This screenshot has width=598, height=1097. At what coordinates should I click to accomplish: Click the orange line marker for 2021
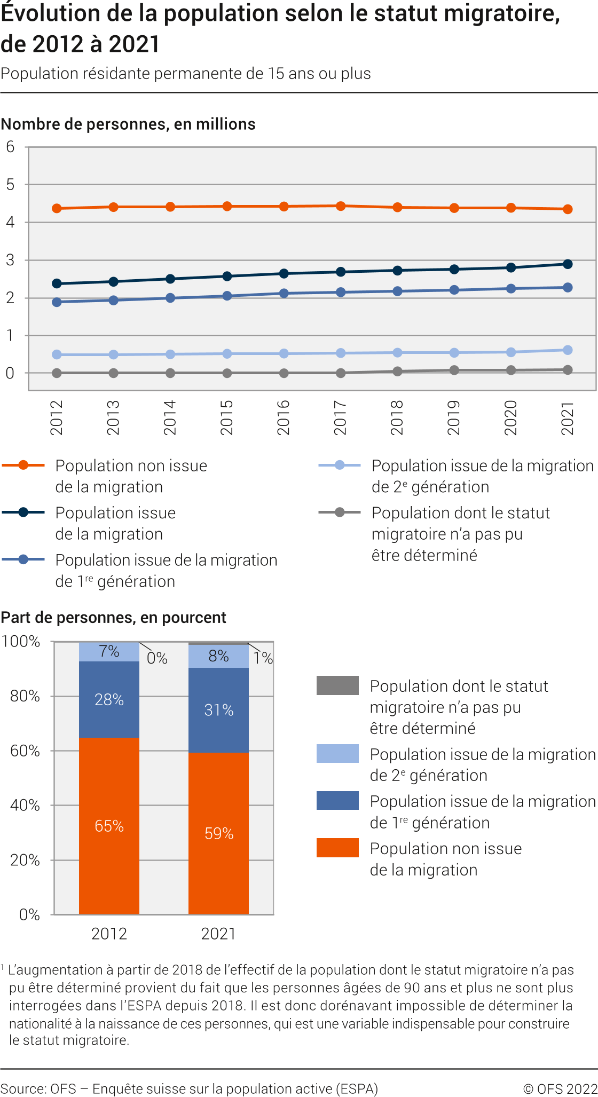tap(568, 209)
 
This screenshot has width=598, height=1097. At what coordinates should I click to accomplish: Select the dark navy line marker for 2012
tap(57, 283)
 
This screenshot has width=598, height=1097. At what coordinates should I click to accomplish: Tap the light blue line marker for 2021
tap(568, 350)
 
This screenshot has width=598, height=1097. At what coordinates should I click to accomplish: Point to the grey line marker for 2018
tap(397, 371)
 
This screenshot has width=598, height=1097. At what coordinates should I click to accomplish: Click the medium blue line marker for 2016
tap(284, 293)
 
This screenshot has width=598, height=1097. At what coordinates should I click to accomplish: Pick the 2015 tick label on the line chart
tap(227, 417)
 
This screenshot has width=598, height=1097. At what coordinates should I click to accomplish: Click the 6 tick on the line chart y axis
tap(10, 147)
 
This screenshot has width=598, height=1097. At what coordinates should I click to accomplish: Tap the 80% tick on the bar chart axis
tap(25, 696)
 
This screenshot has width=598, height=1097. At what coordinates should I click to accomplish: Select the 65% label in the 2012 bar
tap(109, 826)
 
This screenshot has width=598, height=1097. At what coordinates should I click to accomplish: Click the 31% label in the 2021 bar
tap(219, 710)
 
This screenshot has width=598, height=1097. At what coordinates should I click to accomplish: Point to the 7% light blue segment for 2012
tap(109, 652)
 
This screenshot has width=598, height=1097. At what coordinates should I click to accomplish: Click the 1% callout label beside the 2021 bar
tap(263, 658)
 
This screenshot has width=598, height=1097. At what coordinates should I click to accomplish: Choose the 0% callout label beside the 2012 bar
tap(157, 658)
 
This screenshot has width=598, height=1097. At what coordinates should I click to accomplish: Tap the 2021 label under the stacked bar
tap(218, 934)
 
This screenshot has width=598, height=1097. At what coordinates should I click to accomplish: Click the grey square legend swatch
tap(337, 685)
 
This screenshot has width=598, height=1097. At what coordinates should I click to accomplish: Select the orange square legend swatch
tap(337, 848)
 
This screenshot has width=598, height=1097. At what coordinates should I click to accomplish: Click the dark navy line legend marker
tap(23, 512)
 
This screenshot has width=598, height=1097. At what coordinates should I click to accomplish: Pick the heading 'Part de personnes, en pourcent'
tap(114, 618)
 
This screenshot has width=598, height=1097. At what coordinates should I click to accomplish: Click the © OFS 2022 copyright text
tap(560, 1088)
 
